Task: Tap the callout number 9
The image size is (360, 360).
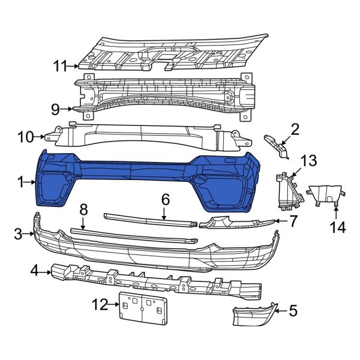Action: (55, 109)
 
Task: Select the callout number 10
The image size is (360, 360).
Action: (26, 137)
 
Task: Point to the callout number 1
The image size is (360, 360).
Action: (20, 181)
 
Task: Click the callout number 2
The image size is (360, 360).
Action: (295, 128)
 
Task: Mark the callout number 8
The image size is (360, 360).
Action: (83, 209)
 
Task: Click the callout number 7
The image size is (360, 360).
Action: (293, 221)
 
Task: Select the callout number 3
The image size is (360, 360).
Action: (19, 233)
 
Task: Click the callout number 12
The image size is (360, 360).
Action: (98, 304)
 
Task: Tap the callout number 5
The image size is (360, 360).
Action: (293, 310)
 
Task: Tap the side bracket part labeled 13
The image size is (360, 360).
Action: (286, 189)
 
